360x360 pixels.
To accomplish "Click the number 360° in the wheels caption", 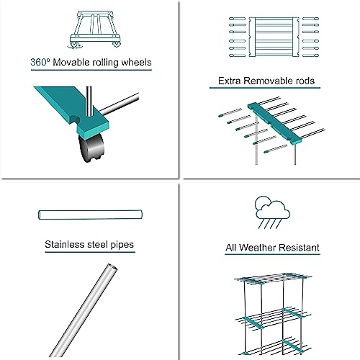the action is (x=40, y=62).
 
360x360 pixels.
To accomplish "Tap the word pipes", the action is (x=122, y=245).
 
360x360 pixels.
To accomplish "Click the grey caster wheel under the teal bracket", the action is (x=91, y=148).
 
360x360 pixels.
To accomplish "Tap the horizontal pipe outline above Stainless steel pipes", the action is (x=90, y=215).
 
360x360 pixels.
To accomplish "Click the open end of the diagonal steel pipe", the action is (x=112, y=267).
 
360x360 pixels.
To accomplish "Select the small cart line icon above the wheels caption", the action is (x=94, y=30).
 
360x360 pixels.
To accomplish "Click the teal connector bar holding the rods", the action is (x=274, y=124).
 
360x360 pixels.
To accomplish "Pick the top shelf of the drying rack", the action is (x=273, y=279).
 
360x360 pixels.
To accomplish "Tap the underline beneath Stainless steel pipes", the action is (x=90, y=252).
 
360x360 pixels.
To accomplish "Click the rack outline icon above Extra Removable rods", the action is (x=274, y=37).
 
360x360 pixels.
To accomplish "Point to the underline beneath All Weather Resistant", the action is (x=272, y=254).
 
